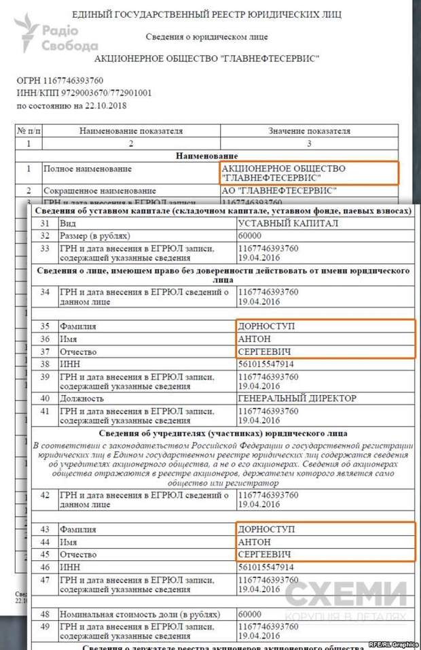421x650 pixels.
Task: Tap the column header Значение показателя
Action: click(x=309, y=131)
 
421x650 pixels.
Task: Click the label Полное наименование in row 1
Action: click(x=88, y=168)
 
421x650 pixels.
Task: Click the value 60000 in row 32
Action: click(x=251, y=235)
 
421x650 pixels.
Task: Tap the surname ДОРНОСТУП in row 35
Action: click(x=266, y=326)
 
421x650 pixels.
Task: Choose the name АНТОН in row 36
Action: click(x=254, y=339)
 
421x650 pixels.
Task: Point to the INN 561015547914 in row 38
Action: click(x=268, y=364)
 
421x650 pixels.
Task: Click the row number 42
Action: click(x=45, y=495)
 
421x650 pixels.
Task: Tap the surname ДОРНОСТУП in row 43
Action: click(x=266, y=529)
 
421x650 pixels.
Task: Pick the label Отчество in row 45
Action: click(x=79, y=554)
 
